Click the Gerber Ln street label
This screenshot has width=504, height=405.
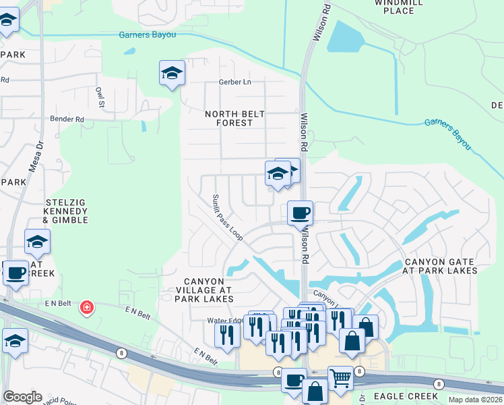[x=234, y=82]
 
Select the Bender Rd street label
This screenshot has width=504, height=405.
[x=67, y=119]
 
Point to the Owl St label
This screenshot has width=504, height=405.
[x=100, y=97]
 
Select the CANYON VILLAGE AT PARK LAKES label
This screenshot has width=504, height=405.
[x=209, y=290]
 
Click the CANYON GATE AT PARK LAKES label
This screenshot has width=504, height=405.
[x=441, y=266]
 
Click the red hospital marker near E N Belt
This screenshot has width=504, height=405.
[x=86, y=308]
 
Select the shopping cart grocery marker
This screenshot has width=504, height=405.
[x=340, y=377]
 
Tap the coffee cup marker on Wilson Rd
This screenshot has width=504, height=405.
[x=301, y=213]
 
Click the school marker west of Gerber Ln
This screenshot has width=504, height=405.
[x=172, y=72]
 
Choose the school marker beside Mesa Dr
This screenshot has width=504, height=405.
[x=38, y=241]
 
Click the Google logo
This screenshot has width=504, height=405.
[x=22, y=397]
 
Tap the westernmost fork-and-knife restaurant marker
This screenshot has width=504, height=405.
[x=227, y=334]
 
